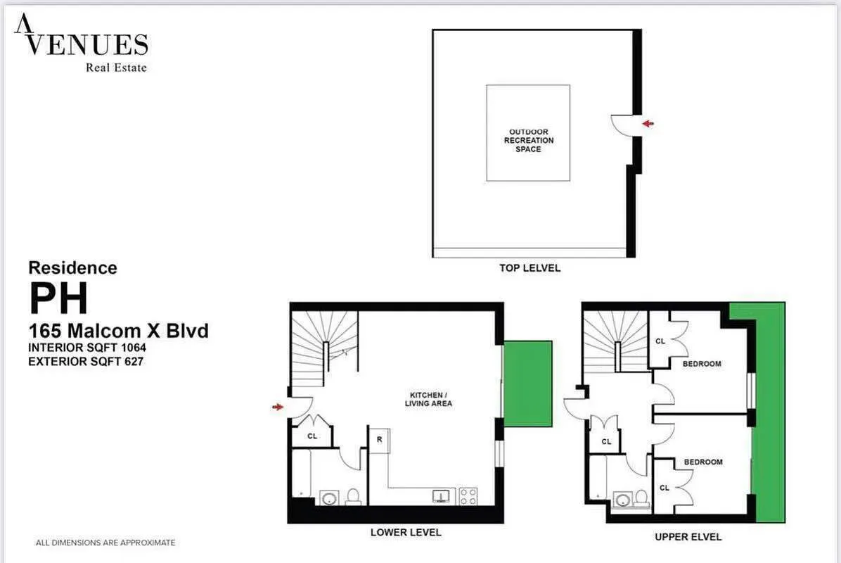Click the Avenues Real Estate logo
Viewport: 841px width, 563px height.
click(x=81, y=44)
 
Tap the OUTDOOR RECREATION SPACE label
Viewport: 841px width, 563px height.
click(x=529, y=141)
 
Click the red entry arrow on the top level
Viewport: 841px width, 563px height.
click(x=648, y=124)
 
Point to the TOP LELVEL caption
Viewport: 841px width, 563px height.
click(x=530, y=268)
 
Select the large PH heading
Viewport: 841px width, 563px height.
click(x=58, y=298)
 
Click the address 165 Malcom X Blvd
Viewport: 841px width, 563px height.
click(x=118, y=330)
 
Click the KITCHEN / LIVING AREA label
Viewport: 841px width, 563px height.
click(x=428, y=399)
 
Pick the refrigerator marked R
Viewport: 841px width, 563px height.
click(x=379, y=440)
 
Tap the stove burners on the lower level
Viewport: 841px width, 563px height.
click(x=468, y=496)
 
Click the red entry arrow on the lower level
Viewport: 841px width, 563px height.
click(x=278, y=407)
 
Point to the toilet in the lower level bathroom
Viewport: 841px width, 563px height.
click(x=353, y=497)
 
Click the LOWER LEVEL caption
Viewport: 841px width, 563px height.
click(x=406, y=533)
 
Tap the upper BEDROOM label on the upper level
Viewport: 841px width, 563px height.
click(x=702, y=364)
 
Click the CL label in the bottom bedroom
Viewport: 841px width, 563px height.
click(x=665, y=488)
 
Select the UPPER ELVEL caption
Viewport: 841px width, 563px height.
click(x=688, y=537)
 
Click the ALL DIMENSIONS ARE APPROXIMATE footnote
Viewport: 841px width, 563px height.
click(x=105, y=543)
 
